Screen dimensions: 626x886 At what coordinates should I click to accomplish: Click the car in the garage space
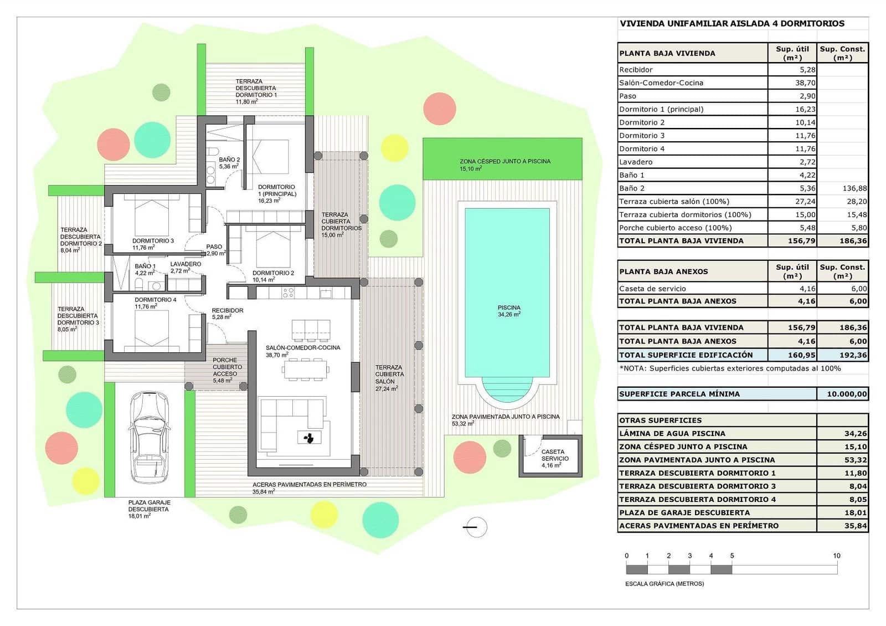point(148,438)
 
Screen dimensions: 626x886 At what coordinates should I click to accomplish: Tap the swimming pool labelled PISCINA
point(507,294)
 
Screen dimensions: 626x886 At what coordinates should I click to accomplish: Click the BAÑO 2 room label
point(229,162)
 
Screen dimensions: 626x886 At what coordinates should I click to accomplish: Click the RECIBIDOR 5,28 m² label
point(227,314)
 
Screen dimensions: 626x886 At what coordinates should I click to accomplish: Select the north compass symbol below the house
point(475,527)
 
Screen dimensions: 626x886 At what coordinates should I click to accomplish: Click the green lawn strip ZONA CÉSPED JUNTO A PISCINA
point(502,159)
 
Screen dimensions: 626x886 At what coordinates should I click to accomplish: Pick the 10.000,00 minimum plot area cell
point(842,394)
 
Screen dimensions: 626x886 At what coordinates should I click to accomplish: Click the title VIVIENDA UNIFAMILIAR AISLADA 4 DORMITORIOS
point(732,23)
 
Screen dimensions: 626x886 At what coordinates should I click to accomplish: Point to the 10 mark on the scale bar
point(836,556)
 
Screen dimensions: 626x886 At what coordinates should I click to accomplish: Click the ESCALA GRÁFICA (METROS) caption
point(664,583)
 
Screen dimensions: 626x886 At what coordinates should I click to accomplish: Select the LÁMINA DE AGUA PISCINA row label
point(672,433)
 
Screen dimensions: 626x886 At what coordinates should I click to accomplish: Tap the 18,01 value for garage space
point(855,512)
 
